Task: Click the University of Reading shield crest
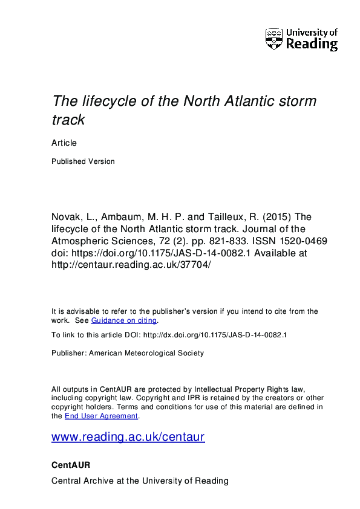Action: point(273,39)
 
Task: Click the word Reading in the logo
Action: point(311,45)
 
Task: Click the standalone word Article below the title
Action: point(64,143)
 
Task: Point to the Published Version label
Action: point(83,161)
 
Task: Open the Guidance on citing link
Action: point(123,320)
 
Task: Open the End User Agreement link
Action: point(102,416)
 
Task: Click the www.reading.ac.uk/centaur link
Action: point(128,436)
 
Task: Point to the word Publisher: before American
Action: point(69,353)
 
